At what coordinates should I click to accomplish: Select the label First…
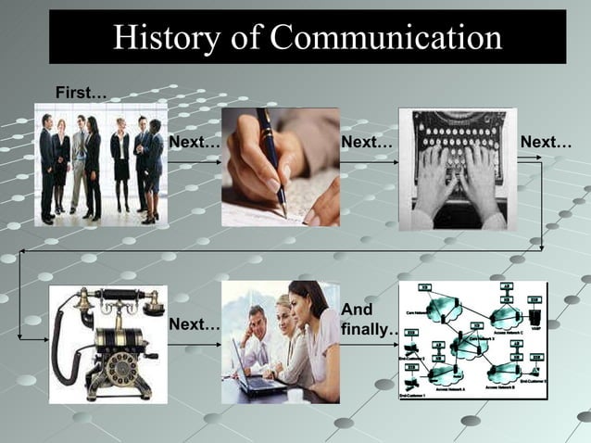pos(81,93)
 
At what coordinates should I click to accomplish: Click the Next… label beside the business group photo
pos(195,143)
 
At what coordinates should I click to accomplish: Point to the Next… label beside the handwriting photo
pos(367,143)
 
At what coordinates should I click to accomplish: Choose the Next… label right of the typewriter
pos(546,143)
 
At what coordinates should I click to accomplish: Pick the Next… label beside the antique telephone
pos(195,324)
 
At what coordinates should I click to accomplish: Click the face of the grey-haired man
pos(257,320)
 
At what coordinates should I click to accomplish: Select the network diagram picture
pos(472,340)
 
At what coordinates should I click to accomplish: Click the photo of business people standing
pos(101,165)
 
